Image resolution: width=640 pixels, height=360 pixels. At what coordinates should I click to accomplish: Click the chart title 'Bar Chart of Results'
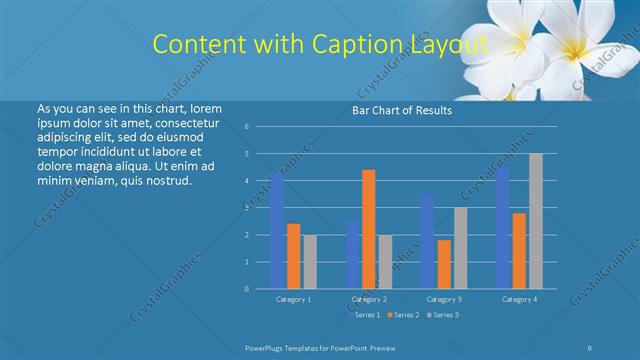402,110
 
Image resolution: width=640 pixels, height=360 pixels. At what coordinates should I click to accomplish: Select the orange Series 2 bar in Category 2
369,229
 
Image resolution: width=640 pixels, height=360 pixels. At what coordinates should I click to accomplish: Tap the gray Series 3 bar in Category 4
536,221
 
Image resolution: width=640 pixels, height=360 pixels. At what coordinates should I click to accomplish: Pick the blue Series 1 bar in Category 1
277,230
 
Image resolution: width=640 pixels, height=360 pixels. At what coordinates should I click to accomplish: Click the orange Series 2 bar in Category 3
444,264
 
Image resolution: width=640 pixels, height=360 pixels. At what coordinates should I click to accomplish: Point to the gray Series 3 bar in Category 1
310,262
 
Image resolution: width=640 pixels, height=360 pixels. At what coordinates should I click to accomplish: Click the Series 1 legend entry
367,315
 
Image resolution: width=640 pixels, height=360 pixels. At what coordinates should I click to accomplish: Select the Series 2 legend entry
404,315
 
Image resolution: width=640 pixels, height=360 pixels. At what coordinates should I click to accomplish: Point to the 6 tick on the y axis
246,127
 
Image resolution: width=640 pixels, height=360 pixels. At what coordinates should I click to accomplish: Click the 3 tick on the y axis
246,208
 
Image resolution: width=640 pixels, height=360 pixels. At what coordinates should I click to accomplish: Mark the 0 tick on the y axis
246,289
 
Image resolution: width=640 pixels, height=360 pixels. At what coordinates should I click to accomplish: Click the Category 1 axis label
294,299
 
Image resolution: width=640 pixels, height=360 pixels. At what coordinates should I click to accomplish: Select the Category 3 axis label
444,299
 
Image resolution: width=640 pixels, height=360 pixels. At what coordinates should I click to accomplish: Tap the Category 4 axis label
519,299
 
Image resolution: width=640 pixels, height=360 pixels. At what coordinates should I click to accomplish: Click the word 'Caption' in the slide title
355,44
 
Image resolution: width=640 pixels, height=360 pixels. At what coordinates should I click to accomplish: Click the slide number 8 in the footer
590,346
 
